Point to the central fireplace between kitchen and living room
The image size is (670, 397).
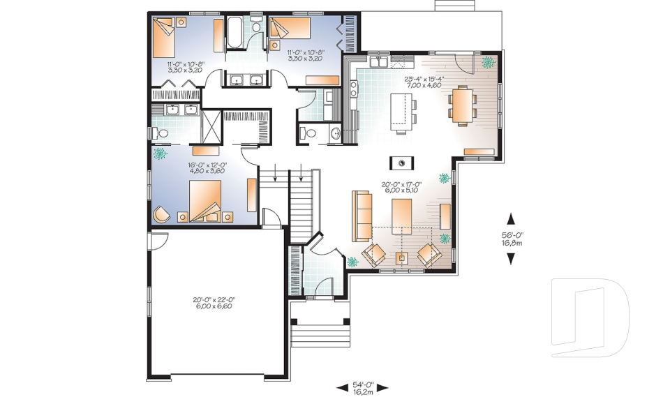402,163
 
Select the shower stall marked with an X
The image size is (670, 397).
210,126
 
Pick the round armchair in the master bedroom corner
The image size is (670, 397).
161,214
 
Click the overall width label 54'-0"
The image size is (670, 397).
362,384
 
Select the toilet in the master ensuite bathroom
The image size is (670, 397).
161,132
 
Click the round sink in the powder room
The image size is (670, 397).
336,133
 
